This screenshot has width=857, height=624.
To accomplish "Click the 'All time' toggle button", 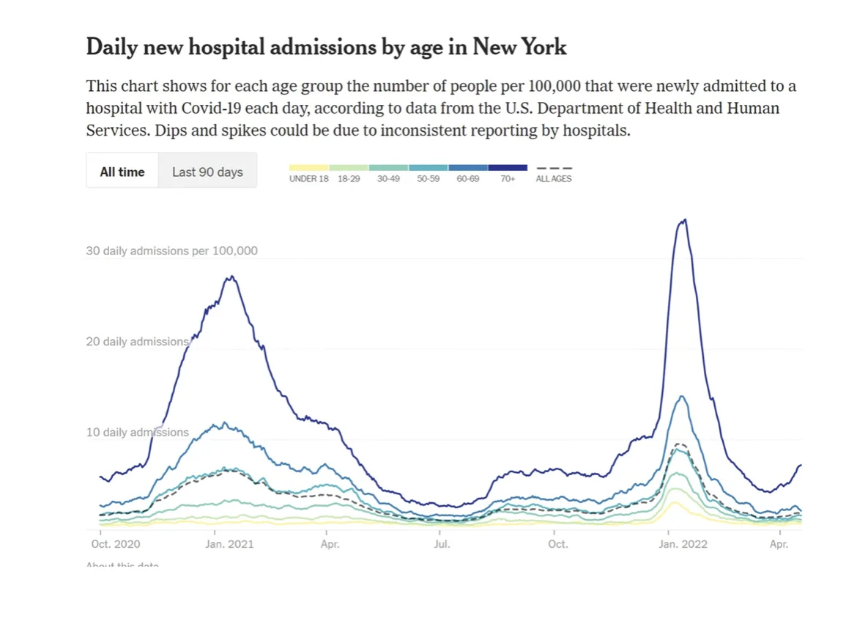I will (122, 172).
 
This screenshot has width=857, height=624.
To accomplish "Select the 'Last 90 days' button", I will (207, 172).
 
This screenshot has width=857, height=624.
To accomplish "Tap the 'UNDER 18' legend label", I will (308, 179).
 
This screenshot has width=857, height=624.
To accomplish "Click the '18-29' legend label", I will (349, 179).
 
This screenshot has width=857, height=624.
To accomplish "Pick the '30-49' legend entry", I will (388, 179).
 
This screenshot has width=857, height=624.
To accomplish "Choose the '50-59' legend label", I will (428, 179).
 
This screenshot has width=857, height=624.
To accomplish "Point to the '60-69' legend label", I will (468, 179).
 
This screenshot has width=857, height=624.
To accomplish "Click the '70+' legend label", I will (508, 179).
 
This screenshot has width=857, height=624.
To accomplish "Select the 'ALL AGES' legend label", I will (554, 179).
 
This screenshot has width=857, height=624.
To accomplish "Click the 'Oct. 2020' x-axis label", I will (116, 544).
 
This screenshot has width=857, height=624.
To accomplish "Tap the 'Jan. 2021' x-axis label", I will (229, 544).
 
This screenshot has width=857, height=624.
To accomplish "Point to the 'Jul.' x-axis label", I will (442, 544).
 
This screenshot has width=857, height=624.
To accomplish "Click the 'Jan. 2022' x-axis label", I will (683, 544).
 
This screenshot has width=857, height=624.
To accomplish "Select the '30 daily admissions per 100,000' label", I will (171, 251).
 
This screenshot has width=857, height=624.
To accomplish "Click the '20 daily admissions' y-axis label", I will (137, 342).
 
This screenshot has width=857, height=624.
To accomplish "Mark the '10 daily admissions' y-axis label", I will (137, 433).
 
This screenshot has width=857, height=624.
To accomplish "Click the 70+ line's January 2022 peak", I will (684, 219).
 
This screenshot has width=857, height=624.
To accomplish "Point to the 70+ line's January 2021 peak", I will (231, 276).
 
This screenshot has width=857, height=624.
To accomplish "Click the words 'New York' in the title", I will (519, 47).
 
